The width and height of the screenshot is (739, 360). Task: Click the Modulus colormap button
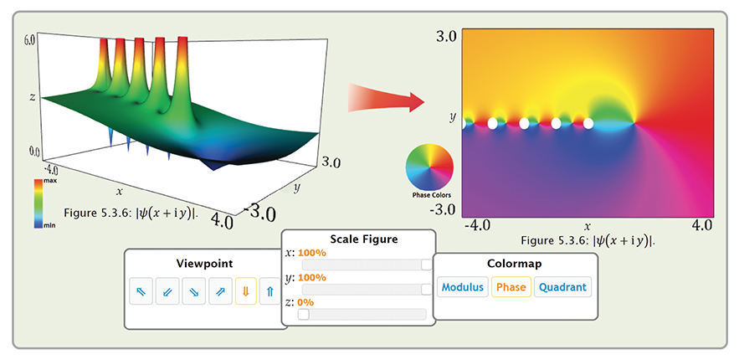(463, 287)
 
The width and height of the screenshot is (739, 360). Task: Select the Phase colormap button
(511, 287)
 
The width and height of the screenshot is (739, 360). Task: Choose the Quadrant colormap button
(562, 287)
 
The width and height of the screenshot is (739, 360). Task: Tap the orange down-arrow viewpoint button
(245, 291)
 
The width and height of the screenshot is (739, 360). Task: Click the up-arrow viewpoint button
(269, 291)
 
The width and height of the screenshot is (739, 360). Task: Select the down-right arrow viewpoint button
(192, 291)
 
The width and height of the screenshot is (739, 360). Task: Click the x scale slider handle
(427, 265)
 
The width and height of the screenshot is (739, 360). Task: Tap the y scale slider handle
(427, 289)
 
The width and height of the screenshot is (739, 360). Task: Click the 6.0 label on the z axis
(29, 39)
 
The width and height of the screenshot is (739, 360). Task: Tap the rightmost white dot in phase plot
(588, 123)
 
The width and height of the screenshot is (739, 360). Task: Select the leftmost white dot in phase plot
(493, 123)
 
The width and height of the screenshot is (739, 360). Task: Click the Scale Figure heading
(358, 239)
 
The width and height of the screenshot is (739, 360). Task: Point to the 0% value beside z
(305, 301)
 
